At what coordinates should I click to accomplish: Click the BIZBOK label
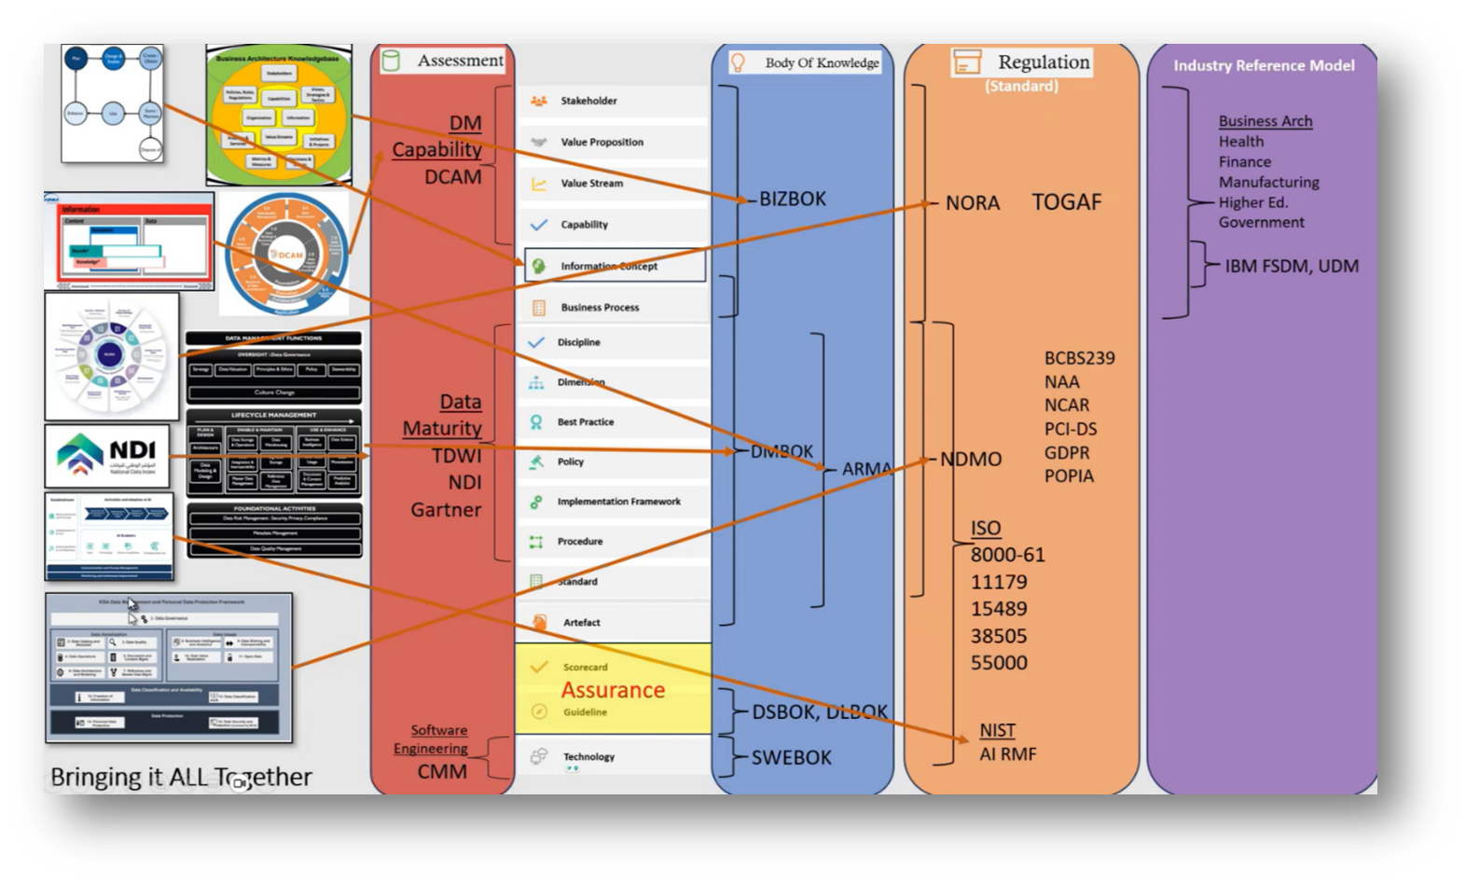pyautogui.click(x=793, y=199)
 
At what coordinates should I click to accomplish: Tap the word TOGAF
pyautogui.click(x=1066, y=202)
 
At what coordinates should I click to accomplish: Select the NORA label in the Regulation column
pyautogui.click(x=972, y=203)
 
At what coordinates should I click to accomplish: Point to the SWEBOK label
pyautogui.click(x=791, y=757)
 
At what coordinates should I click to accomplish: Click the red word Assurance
pyautogui.click(x=613, y=690)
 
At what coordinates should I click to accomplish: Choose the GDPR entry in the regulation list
pyautogui.click(x=1067, y=452)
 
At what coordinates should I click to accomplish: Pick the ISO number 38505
pyautogui.click(x=998, y=636)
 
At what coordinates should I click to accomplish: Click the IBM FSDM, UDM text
pyautogui.click(x=1292, y=266)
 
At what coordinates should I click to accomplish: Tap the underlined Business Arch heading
pyautogui.click(x=1265, y=121)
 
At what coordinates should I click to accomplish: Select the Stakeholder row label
pyautogui.click(x=588, y=101)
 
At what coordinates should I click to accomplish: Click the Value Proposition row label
pyautogui.click(x=602, y=142)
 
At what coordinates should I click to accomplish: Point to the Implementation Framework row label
pyautogui.click(x=618, y=502)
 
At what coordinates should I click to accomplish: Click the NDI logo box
pyautogui.click(x=107, y=456)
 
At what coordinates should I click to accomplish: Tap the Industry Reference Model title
pyautogui.click(x=1264, y=65)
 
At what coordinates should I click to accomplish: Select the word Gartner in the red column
pyautogui.click(x=446, y=510)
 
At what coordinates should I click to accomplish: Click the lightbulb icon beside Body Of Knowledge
pyautogui.click(x=738, y=62)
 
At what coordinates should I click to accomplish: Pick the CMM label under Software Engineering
pyautogui.click(x=442, y=772)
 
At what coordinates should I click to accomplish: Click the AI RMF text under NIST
pyautogui.click(x=1007, y=754)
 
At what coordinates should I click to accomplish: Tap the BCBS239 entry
pyautogui.click(x=1079, y=358)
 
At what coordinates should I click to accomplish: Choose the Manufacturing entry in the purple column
pyautogui.click(x=1268, y=182)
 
